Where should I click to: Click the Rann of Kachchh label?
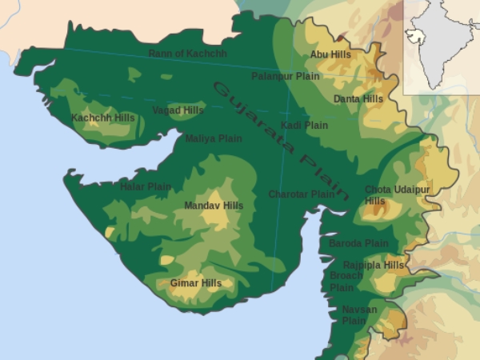pyautogui.click(x=188, y=54)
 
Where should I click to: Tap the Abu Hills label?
pyautogui.click(x=330, y=54)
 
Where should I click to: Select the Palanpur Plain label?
pyautogui.click(x=286, y=76)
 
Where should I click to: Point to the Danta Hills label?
pyautogui.click(x=358, y=98)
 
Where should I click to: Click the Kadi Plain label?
pyautogui.click(x=305, y=125)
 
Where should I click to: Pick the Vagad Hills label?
pyautogui.click(x=178, y=110)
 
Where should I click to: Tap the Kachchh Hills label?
pyautogui.click(x=103, y=118)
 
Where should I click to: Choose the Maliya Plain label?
pyautogui.click(x=214, y=138)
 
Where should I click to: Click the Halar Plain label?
pyautogui.click(x=146, y=186)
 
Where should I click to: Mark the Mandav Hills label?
pyautogui.click(x=214, y=206)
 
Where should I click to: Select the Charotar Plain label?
pyautogui.click(x=301, y=194)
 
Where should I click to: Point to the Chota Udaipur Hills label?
pyautogui.click(x=386, y=194)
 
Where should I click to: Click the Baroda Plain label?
pyautogui.click(x=358, y=243)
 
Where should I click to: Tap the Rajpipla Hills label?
pyautogui.click(x=374, y=265)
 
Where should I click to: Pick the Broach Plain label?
pyautogui.click(x=346, y=281)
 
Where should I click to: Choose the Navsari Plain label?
pyautogui.click(x=354, y=314)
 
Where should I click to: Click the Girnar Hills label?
pyautogui.click(x=196, y=282)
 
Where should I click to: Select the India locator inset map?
pyautogui.click(x=442, y=46)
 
